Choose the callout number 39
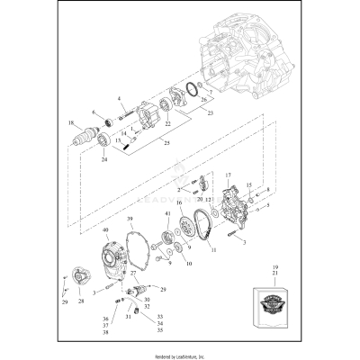pos(130,219)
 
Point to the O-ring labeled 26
pos(192,91)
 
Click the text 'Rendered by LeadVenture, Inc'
pos(179,355)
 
